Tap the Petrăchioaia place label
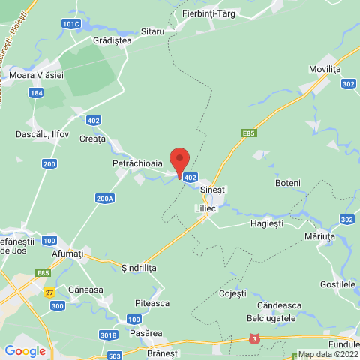(x=137, y=162)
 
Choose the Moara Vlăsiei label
(x=36, y=75)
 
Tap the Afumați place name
(x=68, y=253)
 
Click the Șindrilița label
(x=139, y=267)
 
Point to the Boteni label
(x=288, y=183)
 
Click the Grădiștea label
(x=112, y=41)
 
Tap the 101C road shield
(x=70, y=24)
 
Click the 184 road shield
(x=37, y=92)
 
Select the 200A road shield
(x=105, y=198)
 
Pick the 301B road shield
(x=109, y=334)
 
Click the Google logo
(x=25, y=350)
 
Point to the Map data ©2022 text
(x=327, y=354)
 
